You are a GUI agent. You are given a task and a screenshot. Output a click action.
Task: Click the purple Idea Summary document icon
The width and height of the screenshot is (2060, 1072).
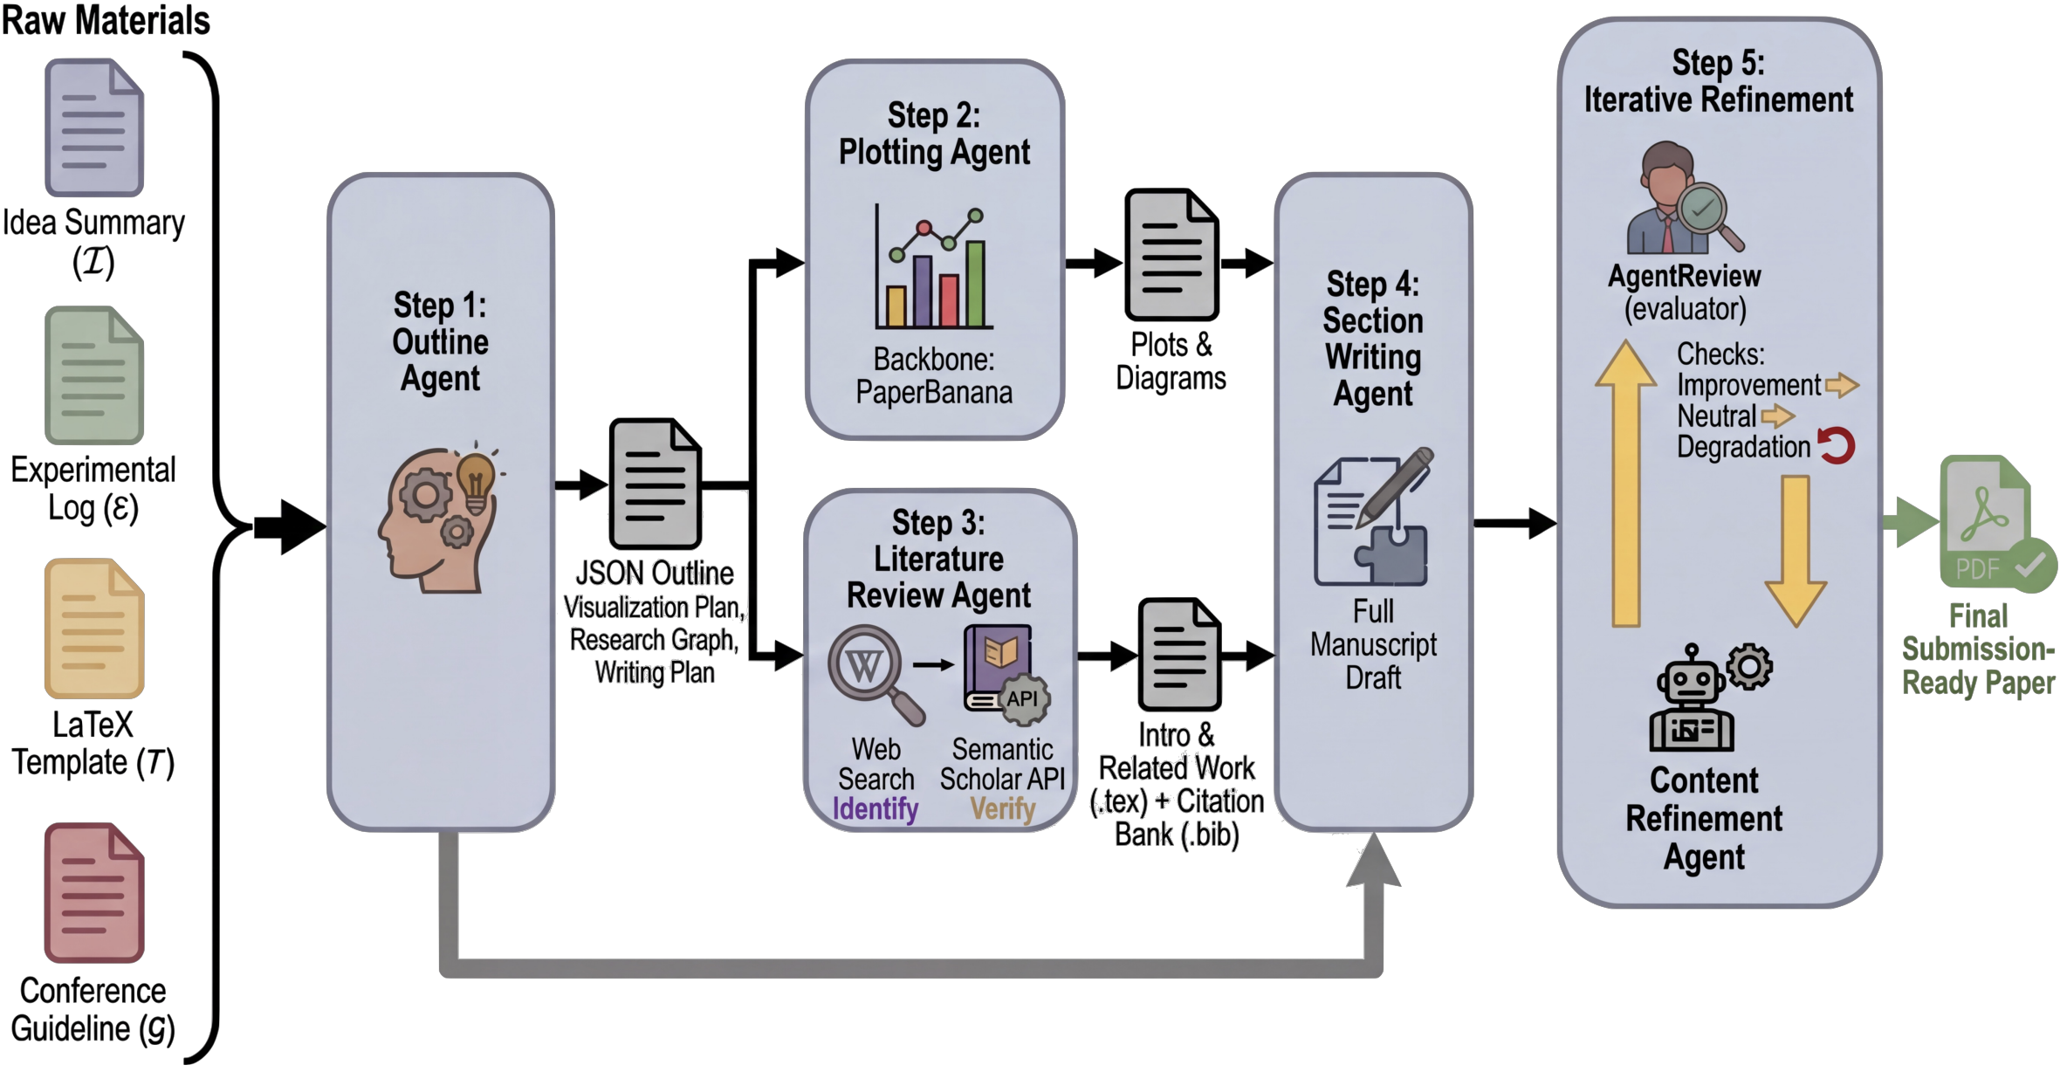[94, 127]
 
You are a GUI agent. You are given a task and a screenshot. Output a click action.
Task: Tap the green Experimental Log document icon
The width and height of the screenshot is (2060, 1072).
[94, 375]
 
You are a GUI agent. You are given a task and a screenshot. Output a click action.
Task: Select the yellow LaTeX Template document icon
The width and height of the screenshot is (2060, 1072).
[94, 629]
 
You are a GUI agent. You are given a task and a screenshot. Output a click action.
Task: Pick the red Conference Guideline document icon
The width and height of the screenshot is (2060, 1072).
[94, 892]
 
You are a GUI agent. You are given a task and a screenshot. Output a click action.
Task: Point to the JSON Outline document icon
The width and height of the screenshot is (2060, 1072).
[655, 484]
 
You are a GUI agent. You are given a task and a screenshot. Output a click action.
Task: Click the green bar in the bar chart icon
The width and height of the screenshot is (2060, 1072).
[975, 284]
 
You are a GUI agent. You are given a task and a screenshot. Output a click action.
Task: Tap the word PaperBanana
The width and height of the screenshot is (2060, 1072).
[934, 393]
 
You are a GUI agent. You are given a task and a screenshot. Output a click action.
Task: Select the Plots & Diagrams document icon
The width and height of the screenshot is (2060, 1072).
[1171, 255]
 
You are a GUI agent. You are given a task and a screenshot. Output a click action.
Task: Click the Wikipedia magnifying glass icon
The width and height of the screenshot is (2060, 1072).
[873, 672]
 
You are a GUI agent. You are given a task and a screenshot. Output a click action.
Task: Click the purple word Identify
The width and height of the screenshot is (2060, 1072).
[875, 809]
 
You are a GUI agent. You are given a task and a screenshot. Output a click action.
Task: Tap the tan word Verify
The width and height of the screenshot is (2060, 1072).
[1002, 809]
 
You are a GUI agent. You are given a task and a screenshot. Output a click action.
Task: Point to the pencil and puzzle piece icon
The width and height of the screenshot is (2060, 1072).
[1373, 519]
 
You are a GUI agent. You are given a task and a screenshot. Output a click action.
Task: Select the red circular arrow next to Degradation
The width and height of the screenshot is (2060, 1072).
[1837, 445]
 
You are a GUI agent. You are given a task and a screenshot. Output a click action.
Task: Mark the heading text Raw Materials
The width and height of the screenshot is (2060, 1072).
[106, 21]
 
